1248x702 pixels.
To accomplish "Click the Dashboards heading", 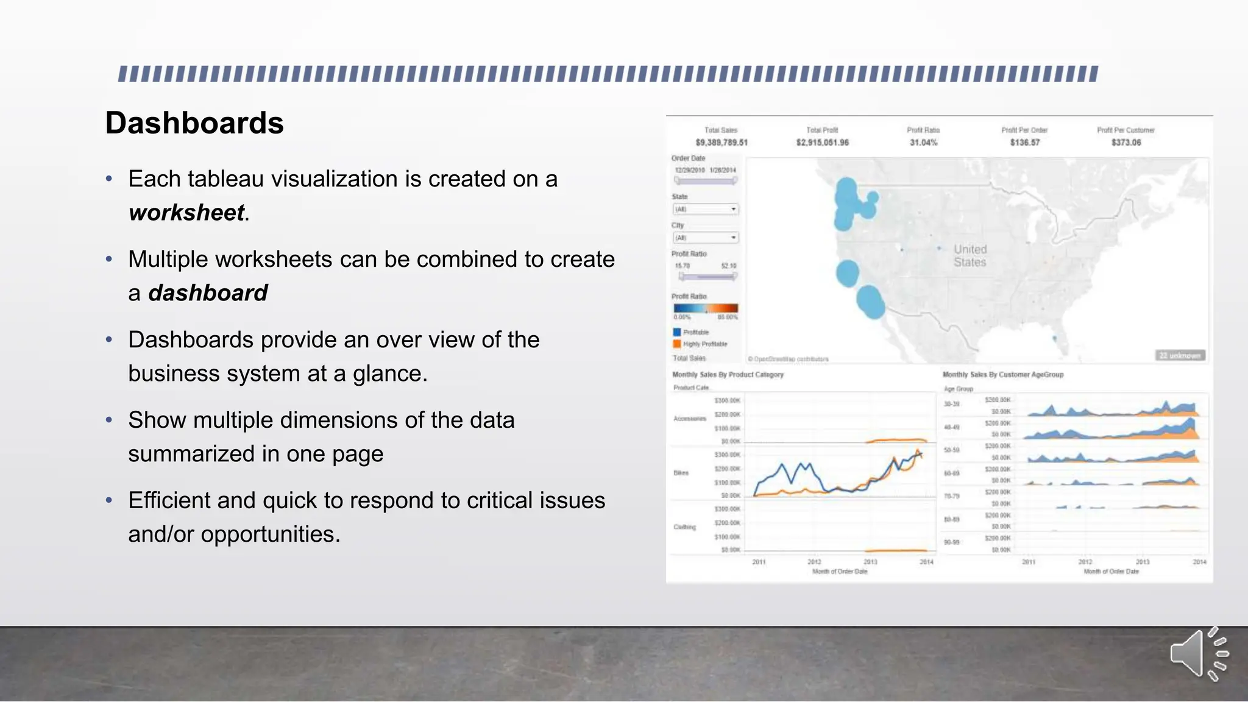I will pyautogui.click(x=194, y=123).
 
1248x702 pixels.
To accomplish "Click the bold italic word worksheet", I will pyautogui.click(x=186, y=213).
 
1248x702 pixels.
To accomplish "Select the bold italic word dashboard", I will pyautogui.click(x=208, y=293).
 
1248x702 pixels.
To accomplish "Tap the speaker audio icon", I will pyautogui.click(x=1198, y=654).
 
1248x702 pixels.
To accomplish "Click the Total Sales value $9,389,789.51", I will pyautogui.click(x=721, y=143).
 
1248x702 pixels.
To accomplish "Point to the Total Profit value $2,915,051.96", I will pyautogui.click(x=822, y=143).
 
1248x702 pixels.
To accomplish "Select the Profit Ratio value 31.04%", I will pyautogui.click(x=923, y=143).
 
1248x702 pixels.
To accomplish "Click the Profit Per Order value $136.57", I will pyautogui.click(x=1024, y=143).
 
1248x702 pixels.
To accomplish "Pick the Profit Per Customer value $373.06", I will pyautogui.click(x=1126, y=143).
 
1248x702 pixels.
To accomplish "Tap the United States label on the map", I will pyautogui.click(x=970, y=256).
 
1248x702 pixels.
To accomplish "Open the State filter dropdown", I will pyautogui.click(x=706, y=209).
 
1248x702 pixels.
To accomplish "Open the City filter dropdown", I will pyautogui.click(x=706, y=238).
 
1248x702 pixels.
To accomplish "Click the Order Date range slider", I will pyautogui.click(x=706, y=180).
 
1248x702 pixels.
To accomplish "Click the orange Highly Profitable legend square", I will pyautogui.click(x=676, y=344).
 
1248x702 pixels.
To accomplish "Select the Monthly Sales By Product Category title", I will pyautogui.click(x=728, y=375).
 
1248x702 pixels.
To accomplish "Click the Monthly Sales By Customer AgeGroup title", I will pyautogui.click(x=1002, y=375).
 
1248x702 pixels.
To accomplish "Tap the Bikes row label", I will pyautogui.click(x=681, y=473).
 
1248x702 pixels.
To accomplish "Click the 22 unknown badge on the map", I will pyautogui.click(x=1180, y=355).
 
